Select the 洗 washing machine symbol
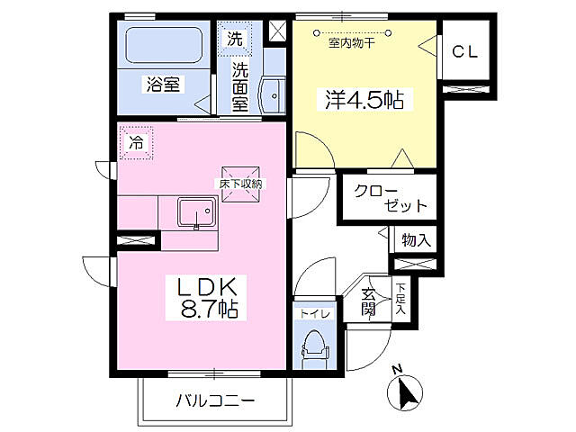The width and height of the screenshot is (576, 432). coord(234,39)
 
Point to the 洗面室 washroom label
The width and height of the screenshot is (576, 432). coord(240,85)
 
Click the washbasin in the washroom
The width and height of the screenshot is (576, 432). coord(271,93)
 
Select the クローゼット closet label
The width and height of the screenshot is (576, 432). coord(390,198)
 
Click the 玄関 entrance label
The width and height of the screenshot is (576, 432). coord(369,302)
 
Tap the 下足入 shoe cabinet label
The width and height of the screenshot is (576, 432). coord(400,299)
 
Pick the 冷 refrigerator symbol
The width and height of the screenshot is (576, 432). coord(136,142)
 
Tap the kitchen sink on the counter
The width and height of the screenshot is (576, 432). coord(195,213)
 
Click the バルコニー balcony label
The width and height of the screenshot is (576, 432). coord(215,400)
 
